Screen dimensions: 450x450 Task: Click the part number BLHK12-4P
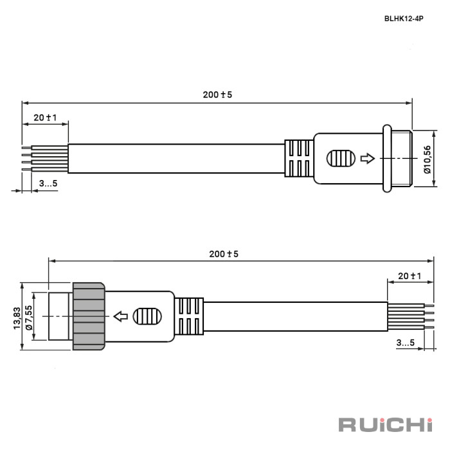pyautogui.click(x=404, y=19)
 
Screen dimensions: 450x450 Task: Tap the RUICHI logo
pyautogui.click(x=386, y=425)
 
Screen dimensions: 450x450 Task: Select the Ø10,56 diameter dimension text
pyautogui.click(x=428, y=159)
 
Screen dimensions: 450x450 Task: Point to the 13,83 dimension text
pyautogui.click(x=17, y=318)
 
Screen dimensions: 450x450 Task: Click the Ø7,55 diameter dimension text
pyautogui.click(x=29, y=318)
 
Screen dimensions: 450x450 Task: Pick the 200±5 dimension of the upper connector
pyautogui.click(x=217, y=94)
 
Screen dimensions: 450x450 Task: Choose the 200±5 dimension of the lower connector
pyautogui.click(x=224, y=254)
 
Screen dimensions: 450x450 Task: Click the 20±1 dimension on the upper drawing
pyautogui.click(x=45, y=118)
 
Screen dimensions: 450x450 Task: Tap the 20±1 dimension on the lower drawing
pyautogui.click(x=410, y=276)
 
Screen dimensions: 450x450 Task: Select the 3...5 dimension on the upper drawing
pyautogui.click(x=48, y=183)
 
